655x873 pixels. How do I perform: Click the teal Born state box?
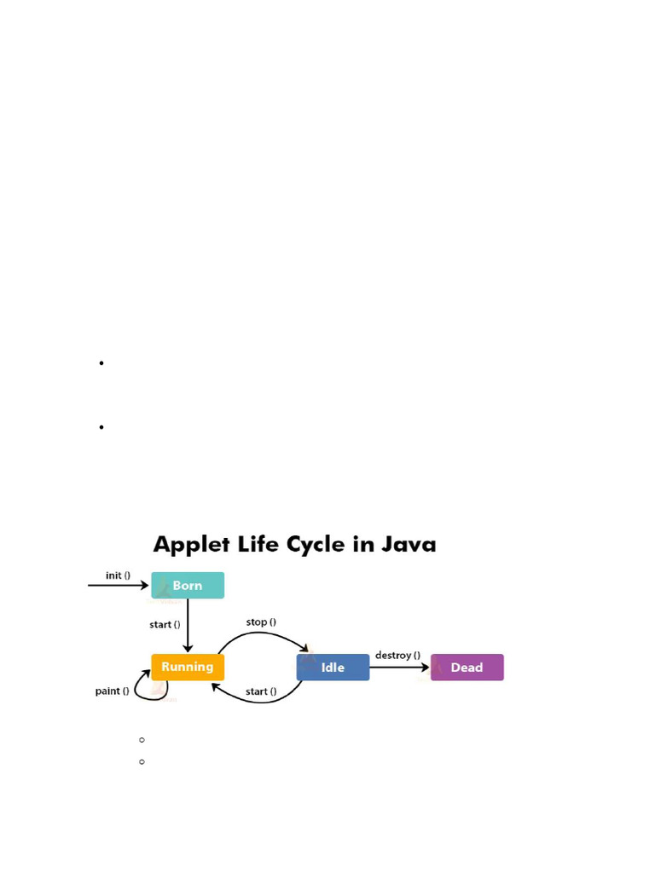[x=188, y=586]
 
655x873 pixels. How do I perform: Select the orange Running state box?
[x=188, y=667]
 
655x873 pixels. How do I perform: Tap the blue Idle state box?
[x=333, y=668]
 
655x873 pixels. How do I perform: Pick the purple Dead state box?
[x=467, y=668]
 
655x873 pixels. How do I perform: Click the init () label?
[x=118, y=575]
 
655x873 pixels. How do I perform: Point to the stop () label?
[x=261, y=622]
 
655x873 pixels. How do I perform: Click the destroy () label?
[x=397, y=655]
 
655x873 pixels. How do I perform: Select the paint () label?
[x=112, y=691]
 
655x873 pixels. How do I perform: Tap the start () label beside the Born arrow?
[x=165, y=624]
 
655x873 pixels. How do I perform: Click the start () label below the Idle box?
[x=261, y=691]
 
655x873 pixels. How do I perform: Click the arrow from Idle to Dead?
[x=399, y=668]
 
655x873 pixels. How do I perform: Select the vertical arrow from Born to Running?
[x=188, y=626]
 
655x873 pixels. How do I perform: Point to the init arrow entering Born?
[x=119, y=586]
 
